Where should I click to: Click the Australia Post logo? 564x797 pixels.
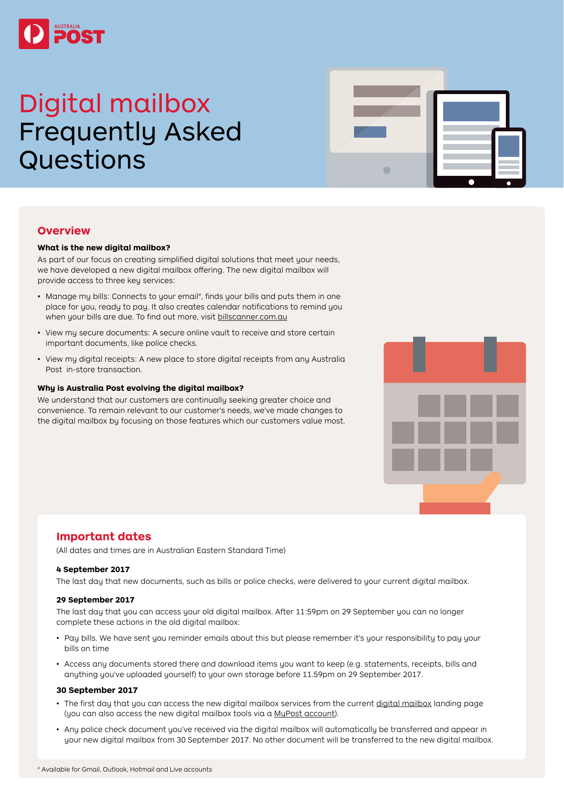61,34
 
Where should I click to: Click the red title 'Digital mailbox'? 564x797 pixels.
115,104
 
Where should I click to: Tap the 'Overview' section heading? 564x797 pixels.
64,231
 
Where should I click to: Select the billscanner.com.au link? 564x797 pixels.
252,317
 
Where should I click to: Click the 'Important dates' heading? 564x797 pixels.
104,537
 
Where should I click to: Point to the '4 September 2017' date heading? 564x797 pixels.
93,569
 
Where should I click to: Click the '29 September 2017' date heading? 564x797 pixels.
95,600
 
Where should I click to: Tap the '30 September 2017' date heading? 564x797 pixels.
97,690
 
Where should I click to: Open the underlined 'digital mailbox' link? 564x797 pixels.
404,703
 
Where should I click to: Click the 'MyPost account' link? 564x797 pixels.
304,714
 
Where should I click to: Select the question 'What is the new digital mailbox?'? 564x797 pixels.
104,248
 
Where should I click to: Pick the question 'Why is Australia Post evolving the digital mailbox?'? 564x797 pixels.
140,388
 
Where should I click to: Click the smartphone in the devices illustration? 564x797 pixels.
509,157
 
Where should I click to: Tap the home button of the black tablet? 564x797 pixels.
471,182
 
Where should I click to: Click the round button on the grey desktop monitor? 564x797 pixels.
387,170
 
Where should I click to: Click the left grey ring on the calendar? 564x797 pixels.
419,354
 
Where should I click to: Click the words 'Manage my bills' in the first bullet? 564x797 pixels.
77,296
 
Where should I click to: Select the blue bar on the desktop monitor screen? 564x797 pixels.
370,132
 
